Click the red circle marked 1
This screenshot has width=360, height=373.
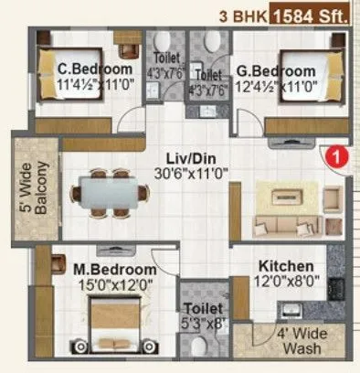coord(336,155)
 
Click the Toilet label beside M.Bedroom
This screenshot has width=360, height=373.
coord(200,310)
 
